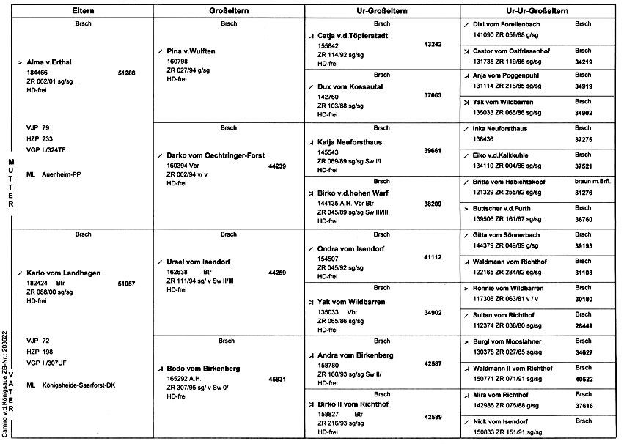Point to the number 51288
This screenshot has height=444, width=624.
[126, 73]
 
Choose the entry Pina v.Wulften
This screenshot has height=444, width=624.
[196, 51]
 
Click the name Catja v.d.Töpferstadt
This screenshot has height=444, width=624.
[363, 34]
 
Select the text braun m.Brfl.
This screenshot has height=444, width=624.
[594, 180]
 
